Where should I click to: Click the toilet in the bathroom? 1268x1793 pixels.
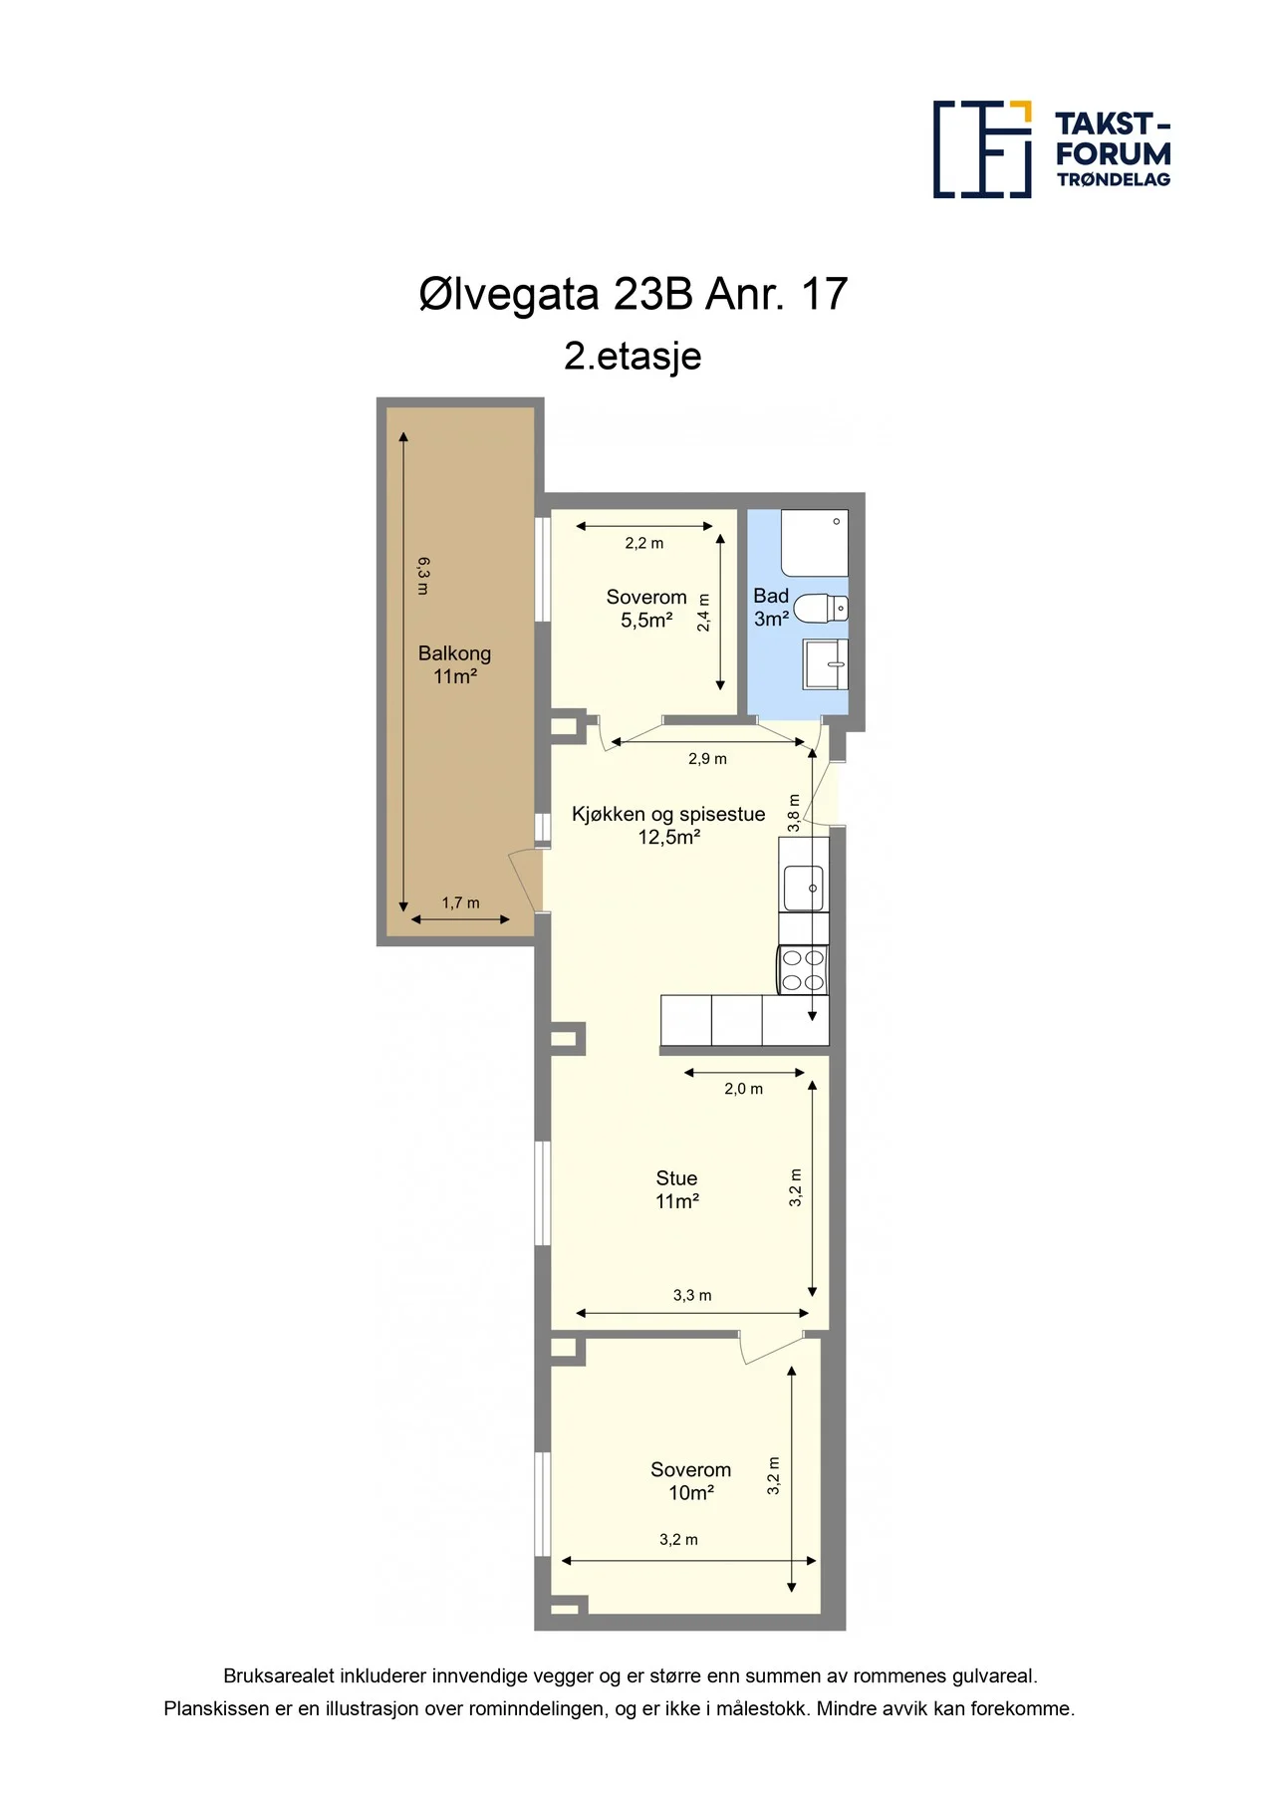coord(822,607)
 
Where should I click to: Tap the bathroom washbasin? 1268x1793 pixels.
coord(826,664)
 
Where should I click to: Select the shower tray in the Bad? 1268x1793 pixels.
coord(815,543)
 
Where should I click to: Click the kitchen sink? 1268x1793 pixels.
coord(803,889)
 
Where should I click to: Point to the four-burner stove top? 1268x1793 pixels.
coord(803,969)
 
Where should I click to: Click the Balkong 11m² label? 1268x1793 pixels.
coord(454,664)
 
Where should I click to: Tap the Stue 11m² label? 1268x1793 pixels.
coord(676,1189)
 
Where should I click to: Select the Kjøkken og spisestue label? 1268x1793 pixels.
coord(668,814)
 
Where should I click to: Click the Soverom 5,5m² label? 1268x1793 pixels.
coord(646,608)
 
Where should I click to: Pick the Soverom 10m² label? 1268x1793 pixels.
coord(690,1480)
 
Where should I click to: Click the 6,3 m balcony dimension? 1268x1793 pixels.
coord(423,576)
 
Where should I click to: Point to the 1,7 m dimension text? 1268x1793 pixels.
coord(460,902)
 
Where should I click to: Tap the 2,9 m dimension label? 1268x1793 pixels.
coord(707,758)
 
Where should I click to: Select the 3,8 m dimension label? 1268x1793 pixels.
coord(794,813)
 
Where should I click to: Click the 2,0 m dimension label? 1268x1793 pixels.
coord(743,1089)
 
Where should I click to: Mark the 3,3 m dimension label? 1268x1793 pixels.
coord(692,1295)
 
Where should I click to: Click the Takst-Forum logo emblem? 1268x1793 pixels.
coord(982,148)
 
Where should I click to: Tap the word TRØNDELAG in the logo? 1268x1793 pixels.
coord(1114,179)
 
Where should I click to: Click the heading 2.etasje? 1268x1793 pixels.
coord(633,356)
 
